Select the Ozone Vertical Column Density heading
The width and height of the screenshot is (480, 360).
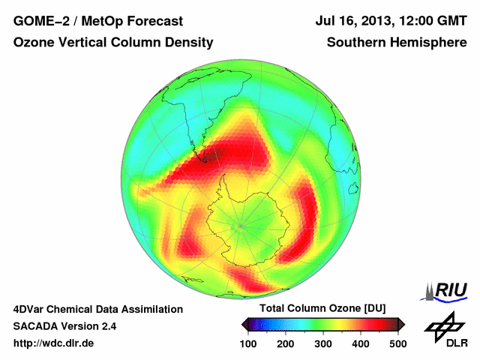tap(112, 43)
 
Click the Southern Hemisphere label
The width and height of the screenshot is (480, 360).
tap(396, 43)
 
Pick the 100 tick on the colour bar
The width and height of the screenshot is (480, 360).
tap(248, 343)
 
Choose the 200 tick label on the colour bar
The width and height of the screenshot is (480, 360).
tap(286, 343)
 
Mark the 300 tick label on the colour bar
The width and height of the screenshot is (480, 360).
tap(323, 343)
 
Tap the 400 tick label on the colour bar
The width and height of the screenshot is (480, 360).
tap(361, 343)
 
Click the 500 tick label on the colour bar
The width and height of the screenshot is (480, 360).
tap(397, 343)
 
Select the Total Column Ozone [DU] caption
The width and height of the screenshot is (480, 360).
tap(322, 309)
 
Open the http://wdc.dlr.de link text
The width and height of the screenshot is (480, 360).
tap(54, 343)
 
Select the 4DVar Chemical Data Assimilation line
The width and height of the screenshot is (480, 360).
tap(97, 309)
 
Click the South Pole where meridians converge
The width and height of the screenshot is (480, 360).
tap(240, 225)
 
